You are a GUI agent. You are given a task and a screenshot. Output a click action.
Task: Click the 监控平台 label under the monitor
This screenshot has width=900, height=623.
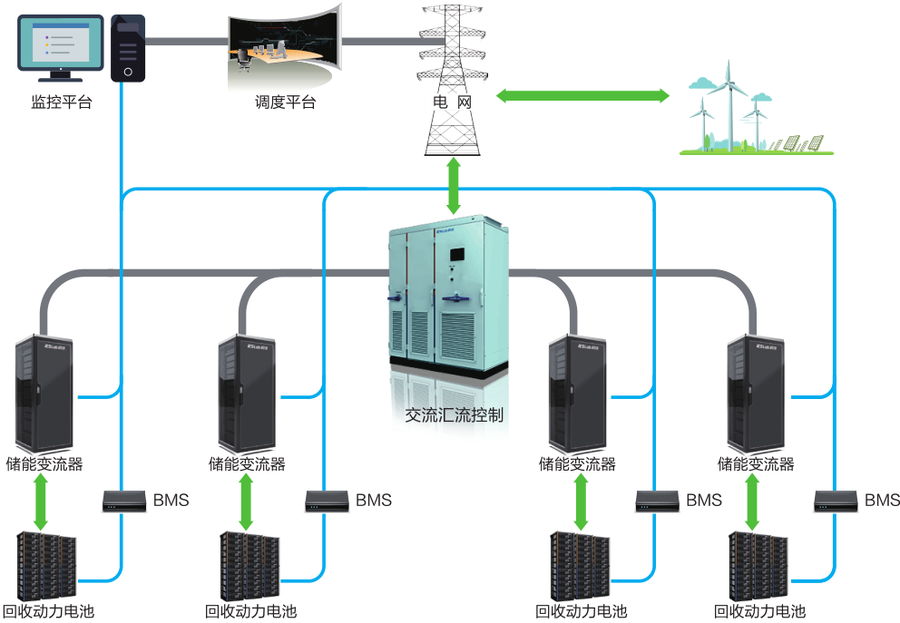(61, 102)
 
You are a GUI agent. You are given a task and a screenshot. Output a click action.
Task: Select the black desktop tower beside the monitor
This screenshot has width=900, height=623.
(128, 49)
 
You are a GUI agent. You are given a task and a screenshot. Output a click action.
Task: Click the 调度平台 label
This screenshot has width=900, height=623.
(285, 102)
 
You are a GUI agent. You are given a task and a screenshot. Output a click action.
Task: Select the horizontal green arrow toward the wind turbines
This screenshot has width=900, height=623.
(582, 95)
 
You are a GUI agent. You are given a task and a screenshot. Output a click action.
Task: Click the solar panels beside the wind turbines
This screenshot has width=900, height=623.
(796, 143)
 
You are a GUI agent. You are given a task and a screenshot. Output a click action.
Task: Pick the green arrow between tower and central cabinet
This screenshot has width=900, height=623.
(453, 185)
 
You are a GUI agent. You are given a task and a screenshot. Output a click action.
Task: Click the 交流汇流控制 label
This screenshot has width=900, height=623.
(454, 415)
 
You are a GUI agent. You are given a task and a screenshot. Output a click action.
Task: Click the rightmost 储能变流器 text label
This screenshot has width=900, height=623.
(756, 464)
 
